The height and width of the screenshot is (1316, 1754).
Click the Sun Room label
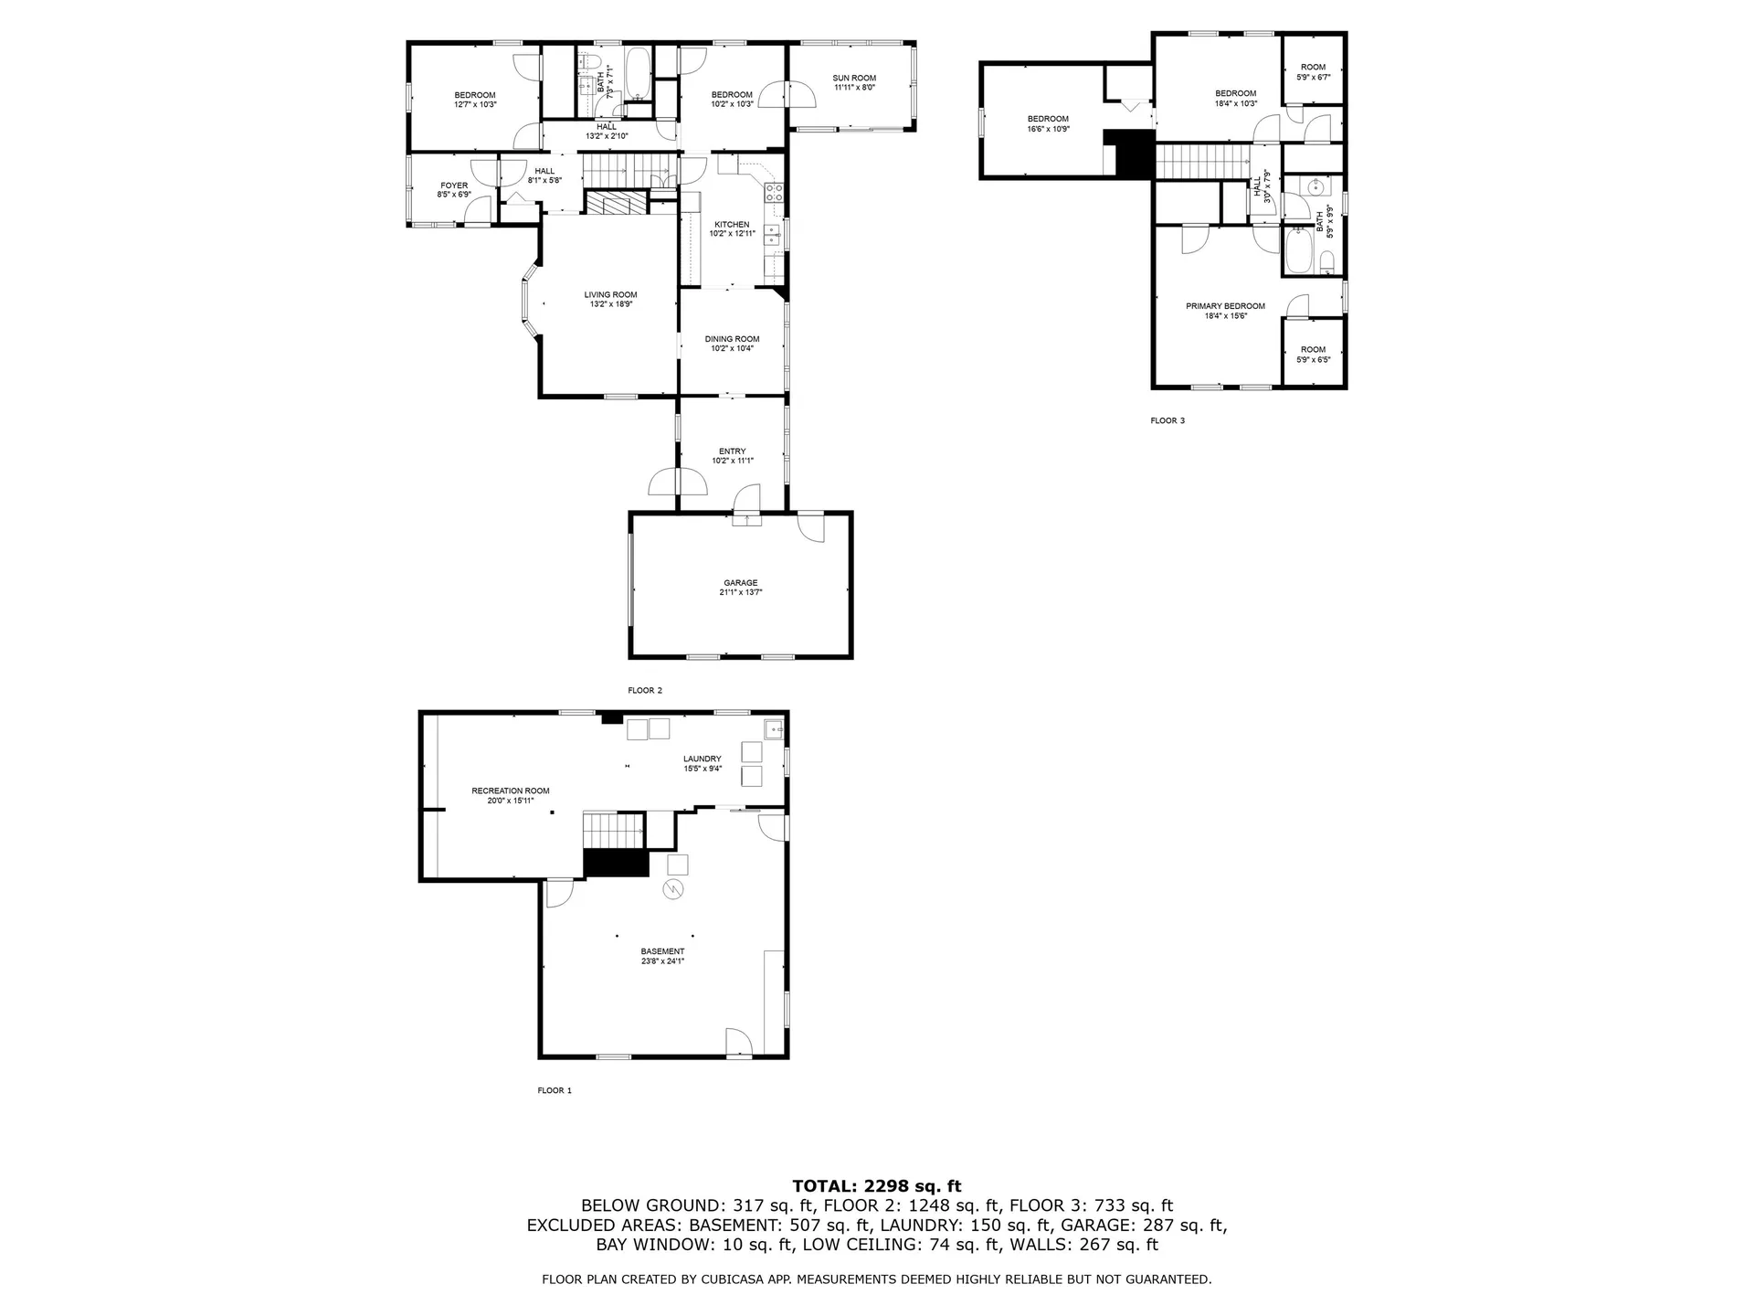[854, 78]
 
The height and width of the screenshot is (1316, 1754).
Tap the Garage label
[740, 583]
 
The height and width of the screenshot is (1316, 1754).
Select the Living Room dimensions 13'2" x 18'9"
[611, 304]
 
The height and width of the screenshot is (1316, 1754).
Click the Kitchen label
[732, 225]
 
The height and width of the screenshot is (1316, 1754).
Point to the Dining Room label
[732, 339]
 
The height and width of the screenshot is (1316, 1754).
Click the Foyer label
[454, 186]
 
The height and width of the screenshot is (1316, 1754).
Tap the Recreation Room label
[511, 791]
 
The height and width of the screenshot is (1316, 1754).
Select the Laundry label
[703, 759]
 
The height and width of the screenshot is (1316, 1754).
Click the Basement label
[662, 951]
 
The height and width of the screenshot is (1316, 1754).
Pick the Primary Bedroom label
[1225, 306]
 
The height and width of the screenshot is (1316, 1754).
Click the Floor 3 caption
[1168, 420]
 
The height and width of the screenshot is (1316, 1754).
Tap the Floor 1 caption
[555, 1090]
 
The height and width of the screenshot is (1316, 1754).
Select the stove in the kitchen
[774, 192]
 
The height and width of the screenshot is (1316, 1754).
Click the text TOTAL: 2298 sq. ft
[876, 1186]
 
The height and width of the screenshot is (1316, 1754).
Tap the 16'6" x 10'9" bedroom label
[1048, 123]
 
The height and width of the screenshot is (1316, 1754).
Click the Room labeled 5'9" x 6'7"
[1313, 71]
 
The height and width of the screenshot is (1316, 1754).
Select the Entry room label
[732, 451]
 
